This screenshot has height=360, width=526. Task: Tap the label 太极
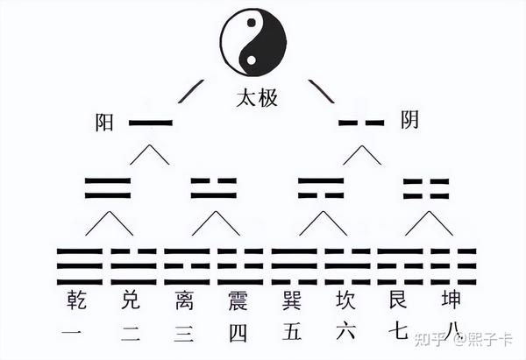point(257,98)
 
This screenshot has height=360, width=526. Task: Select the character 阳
point(105,123)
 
